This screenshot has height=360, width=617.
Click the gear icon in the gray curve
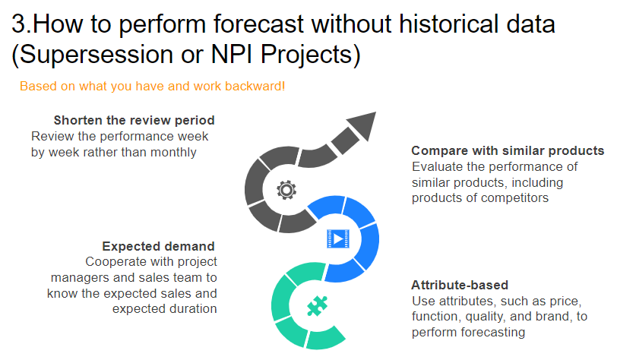coord(286,190)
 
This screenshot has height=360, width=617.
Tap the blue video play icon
coord(338,238)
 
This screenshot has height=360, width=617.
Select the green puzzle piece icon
coord(317,306)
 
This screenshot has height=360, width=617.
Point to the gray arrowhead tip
coord(376,112)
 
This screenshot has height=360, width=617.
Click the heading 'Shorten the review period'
coord(134,120)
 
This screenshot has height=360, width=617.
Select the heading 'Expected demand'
coord(158,246)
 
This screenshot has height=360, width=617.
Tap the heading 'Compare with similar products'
coord(508,150)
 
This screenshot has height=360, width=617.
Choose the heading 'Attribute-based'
coord(460,285)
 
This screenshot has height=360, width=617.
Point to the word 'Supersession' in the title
coord(96,54)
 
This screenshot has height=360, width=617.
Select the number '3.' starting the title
coord(21,24)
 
